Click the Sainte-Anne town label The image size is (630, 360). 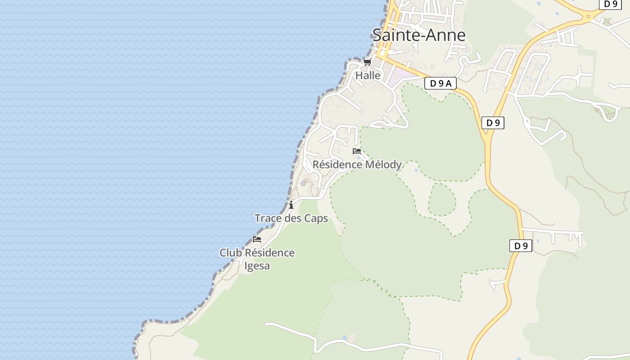(418, 35)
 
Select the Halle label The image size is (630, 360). (368, 76)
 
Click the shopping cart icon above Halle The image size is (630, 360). (367, 62)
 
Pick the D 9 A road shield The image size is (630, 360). (440, 83)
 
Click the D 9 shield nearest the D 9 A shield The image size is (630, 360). (493, 123)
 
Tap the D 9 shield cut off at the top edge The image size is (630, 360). (610, 4)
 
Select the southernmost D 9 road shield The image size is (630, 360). (521, 246)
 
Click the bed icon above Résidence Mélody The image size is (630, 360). (357, 151)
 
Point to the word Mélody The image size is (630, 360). (383, 165)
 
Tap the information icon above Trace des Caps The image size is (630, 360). (291, 205)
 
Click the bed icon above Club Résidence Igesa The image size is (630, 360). (257, 239)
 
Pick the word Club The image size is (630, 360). (230, 253)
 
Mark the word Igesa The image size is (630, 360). (257, 266)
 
